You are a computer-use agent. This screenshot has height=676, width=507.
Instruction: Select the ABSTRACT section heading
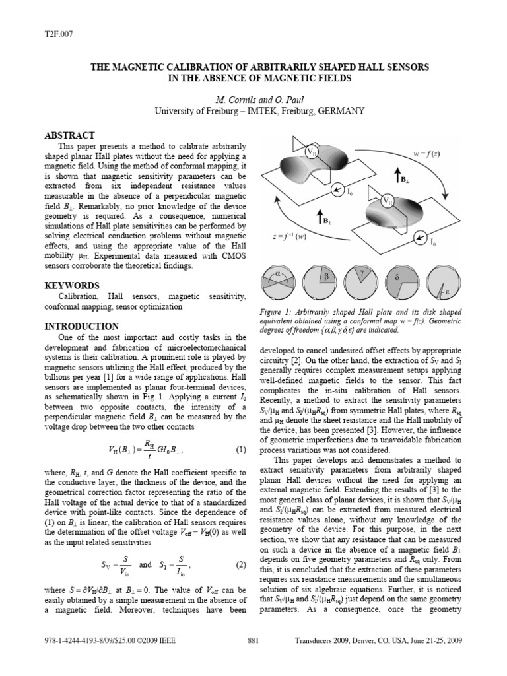[x=69, y=135]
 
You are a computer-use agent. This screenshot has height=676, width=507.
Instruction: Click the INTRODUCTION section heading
[x=81, y=326]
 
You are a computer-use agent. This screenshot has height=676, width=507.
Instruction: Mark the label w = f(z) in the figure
[x=426, y=154]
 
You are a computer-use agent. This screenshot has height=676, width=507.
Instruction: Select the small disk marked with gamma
[x=360, y=281]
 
